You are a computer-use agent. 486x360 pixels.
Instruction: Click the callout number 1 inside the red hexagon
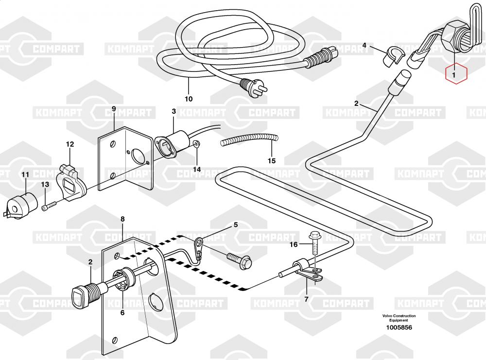[454, 75]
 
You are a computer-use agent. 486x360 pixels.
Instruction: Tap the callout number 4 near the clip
[364, 46]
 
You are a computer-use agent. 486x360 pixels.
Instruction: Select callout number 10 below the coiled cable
[189, 99]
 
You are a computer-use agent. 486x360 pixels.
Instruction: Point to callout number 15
[272, 161]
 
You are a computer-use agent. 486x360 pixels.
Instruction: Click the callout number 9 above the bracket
[114, 108]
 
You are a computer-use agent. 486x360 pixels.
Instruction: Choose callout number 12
[70, 144]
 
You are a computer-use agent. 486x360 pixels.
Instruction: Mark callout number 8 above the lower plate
[122, 219]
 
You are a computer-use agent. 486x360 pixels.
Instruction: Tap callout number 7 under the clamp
[306, 299]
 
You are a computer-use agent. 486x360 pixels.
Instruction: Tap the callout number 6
[122, 312]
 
